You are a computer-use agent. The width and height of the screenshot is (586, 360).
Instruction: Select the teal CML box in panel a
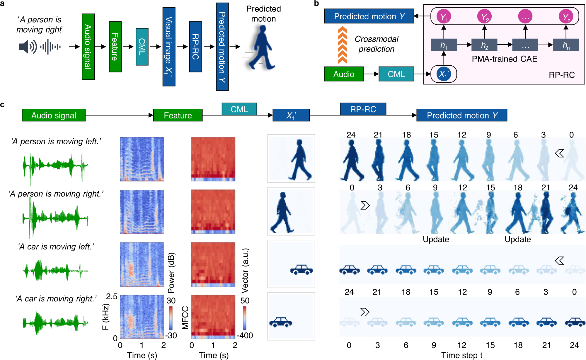tap(142, 47)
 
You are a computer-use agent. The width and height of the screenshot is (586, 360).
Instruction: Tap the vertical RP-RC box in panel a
tap(195, 47)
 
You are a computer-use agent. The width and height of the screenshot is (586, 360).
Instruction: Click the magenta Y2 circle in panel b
tap(484, 17)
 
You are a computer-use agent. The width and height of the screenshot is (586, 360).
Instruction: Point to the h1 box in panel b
tap(444, 45)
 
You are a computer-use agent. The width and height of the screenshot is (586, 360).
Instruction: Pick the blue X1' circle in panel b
tap(444, 74)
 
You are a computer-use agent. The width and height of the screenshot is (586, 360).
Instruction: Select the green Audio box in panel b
tap(344, 74)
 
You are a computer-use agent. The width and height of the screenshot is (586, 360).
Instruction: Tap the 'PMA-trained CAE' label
tap(505, 59)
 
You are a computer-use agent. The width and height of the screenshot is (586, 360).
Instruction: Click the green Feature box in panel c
tap(178, 115)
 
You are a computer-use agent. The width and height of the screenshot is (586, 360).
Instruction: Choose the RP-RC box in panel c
tap(363, 109)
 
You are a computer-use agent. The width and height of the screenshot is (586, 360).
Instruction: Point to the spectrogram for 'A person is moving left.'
tap(142, 159)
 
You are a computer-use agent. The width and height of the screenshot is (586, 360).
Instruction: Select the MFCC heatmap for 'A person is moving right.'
tap(213, 212)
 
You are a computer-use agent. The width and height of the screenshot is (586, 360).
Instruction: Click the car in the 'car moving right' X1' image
tap(281, 322)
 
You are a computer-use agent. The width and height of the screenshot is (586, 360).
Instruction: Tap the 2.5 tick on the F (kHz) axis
tap(112, 296)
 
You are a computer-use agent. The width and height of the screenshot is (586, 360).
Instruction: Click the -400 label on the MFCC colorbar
tap(245, 335)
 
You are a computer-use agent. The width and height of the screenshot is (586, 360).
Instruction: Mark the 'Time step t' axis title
tap(462, 355)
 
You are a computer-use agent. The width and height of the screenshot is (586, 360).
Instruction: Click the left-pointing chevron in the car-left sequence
tap(559, 261)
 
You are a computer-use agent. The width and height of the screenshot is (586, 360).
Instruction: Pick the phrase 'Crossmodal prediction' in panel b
tap(377, 44)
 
